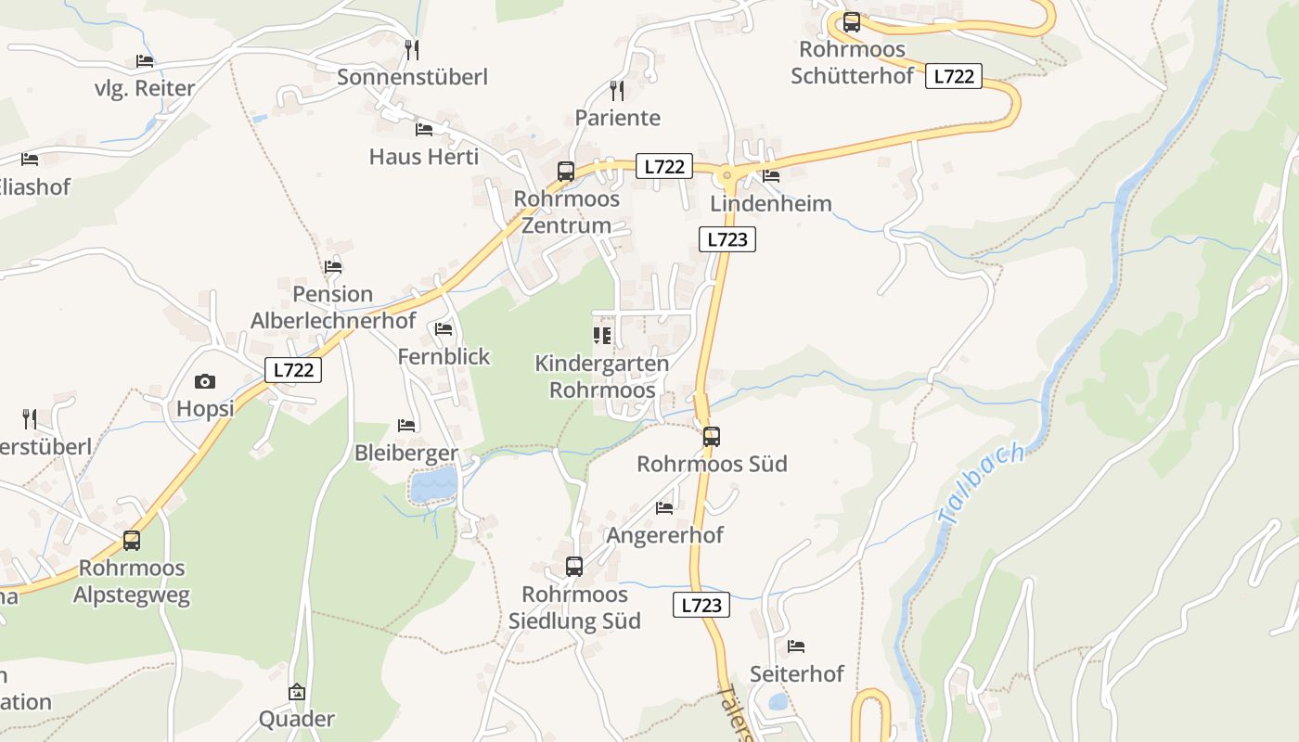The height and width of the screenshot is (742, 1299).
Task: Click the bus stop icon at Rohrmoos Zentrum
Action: pyautogui.click(x=565, y=172)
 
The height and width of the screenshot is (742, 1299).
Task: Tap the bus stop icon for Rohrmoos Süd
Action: pyautogui.click(x=712, y=436)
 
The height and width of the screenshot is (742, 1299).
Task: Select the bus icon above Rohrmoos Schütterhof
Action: pyautogui.click(x=851, y=22)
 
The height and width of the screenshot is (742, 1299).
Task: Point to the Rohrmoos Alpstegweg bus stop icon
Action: pyautogui.click(x=132, y=540)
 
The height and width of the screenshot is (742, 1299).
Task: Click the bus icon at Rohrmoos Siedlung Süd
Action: pyautogui.click(x=574, y=567)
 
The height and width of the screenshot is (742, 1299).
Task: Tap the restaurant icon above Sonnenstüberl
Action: pyautogui.click(x=412, y=49)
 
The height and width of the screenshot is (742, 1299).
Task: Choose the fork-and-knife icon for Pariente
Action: pyautogui.click(x=616, y=90)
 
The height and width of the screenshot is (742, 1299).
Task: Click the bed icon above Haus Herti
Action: pyautogui.click(x=424, y=129)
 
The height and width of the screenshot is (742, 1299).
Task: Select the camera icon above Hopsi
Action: pyautogui.click(x=205, y=381)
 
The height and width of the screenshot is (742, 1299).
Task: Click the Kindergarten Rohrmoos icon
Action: pyautogui.click(x=602, y=335)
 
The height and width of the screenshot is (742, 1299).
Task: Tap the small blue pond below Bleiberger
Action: pyautogui.click(x=434, y=484)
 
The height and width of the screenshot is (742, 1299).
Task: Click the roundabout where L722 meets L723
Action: pyautogui.click(x=727, y=173)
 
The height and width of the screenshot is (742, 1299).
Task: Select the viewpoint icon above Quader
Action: pyautogui.click(x=296, y=692)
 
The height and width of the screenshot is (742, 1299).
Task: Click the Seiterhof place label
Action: pyautogui.click(x=796, y=674)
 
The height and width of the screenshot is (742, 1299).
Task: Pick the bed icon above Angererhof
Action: pyautogui.click(x=664, y=507)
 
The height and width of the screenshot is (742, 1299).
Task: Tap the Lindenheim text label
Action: pyautogui.click(x=771, y=203)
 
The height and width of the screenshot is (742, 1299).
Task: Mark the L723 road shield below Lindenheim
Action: pyautogui.click(x=727, y=239)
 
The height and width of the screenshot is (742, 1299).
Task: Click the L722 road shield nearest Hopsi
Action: pyautogui.click(x=293, y=369)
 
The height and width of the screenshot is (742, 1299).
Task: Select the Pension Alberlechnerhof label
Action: pyautogui.click(x=333, y=308)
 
